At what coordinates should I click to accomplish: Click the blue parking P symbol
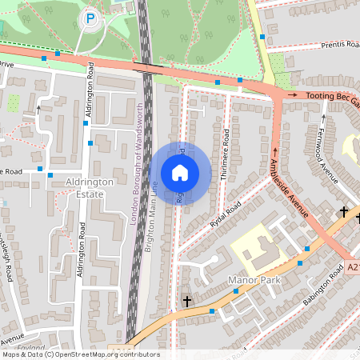point(90,18)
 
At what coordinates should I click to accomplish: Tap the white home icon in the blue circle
point(180,172)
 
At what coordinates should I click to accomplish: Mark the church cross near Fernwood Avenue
point(344,212)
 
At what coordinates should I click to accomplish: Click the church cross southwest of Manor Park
point(187,301)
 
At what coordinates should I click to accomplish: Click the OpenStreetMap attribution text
point(80,354)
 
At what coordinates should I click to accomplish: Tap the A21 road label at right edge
point(353,268)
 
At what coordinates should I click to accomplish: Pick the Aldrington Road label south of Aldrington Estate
point(80,256)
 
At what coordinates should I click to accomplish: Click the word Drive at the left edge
point(6,63)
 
